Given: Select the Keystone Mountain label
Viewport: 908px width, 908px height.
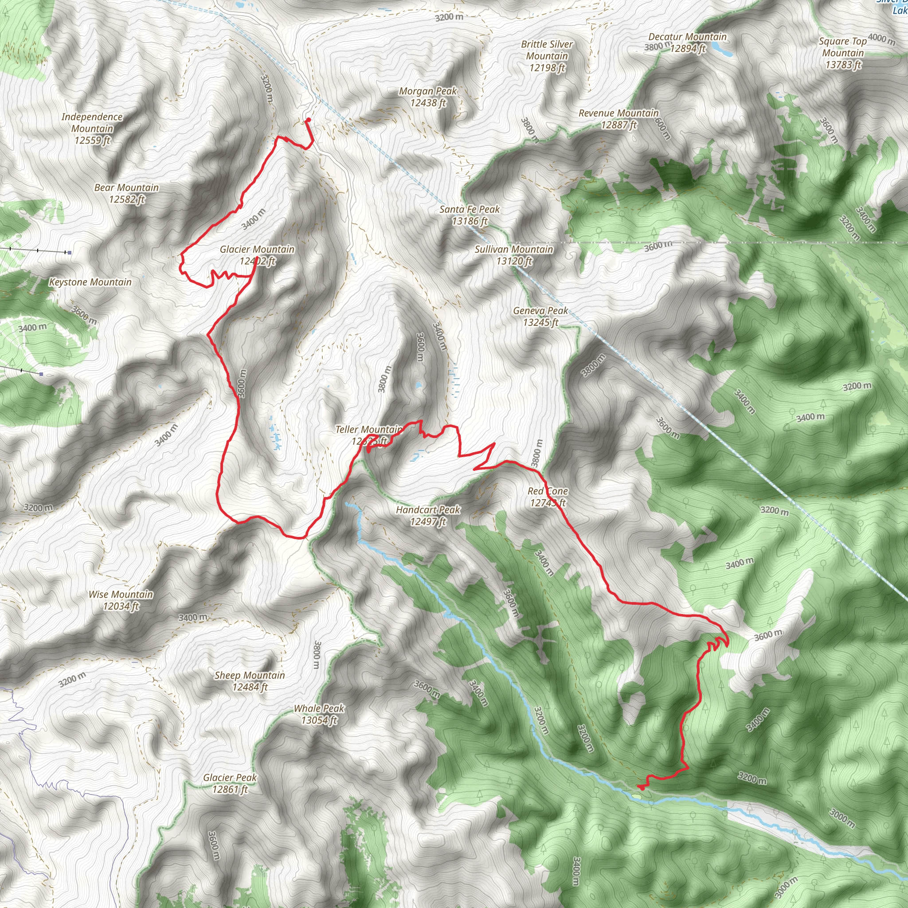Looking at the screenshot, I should (90, 282).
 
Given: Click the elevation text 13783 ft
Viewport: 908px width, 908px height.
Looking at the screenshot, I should (843, 65).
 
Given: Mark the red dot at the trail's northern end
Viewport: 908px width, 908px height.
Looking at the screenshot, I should (308, 120).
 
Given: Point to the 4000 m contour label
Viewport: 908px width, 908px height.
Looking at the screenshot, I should (882, 38).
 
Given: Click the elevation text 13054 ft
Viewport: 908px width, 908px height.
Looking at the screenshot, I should (319, 720).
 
